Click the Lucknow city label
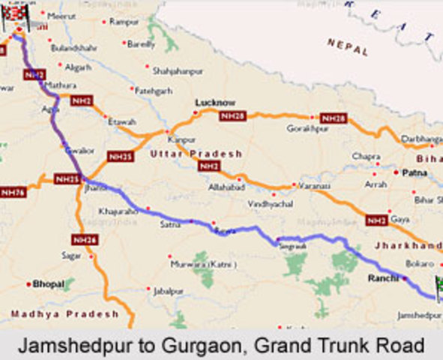tap(215, 102)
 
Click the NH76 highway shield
tap(13, 193)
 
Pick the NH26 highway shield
tap(84, 239)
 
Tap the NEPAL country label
tap(348, 47)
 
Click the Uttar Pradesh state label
tap(196, 153)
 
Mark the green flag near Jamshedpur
tap(438, 286)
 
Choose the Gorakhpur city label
tap(307, 129)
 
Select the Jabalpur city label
tap(168, 289)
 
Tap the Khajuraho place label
tap(118, 211)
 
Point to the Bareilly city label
tap(141, 44)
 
